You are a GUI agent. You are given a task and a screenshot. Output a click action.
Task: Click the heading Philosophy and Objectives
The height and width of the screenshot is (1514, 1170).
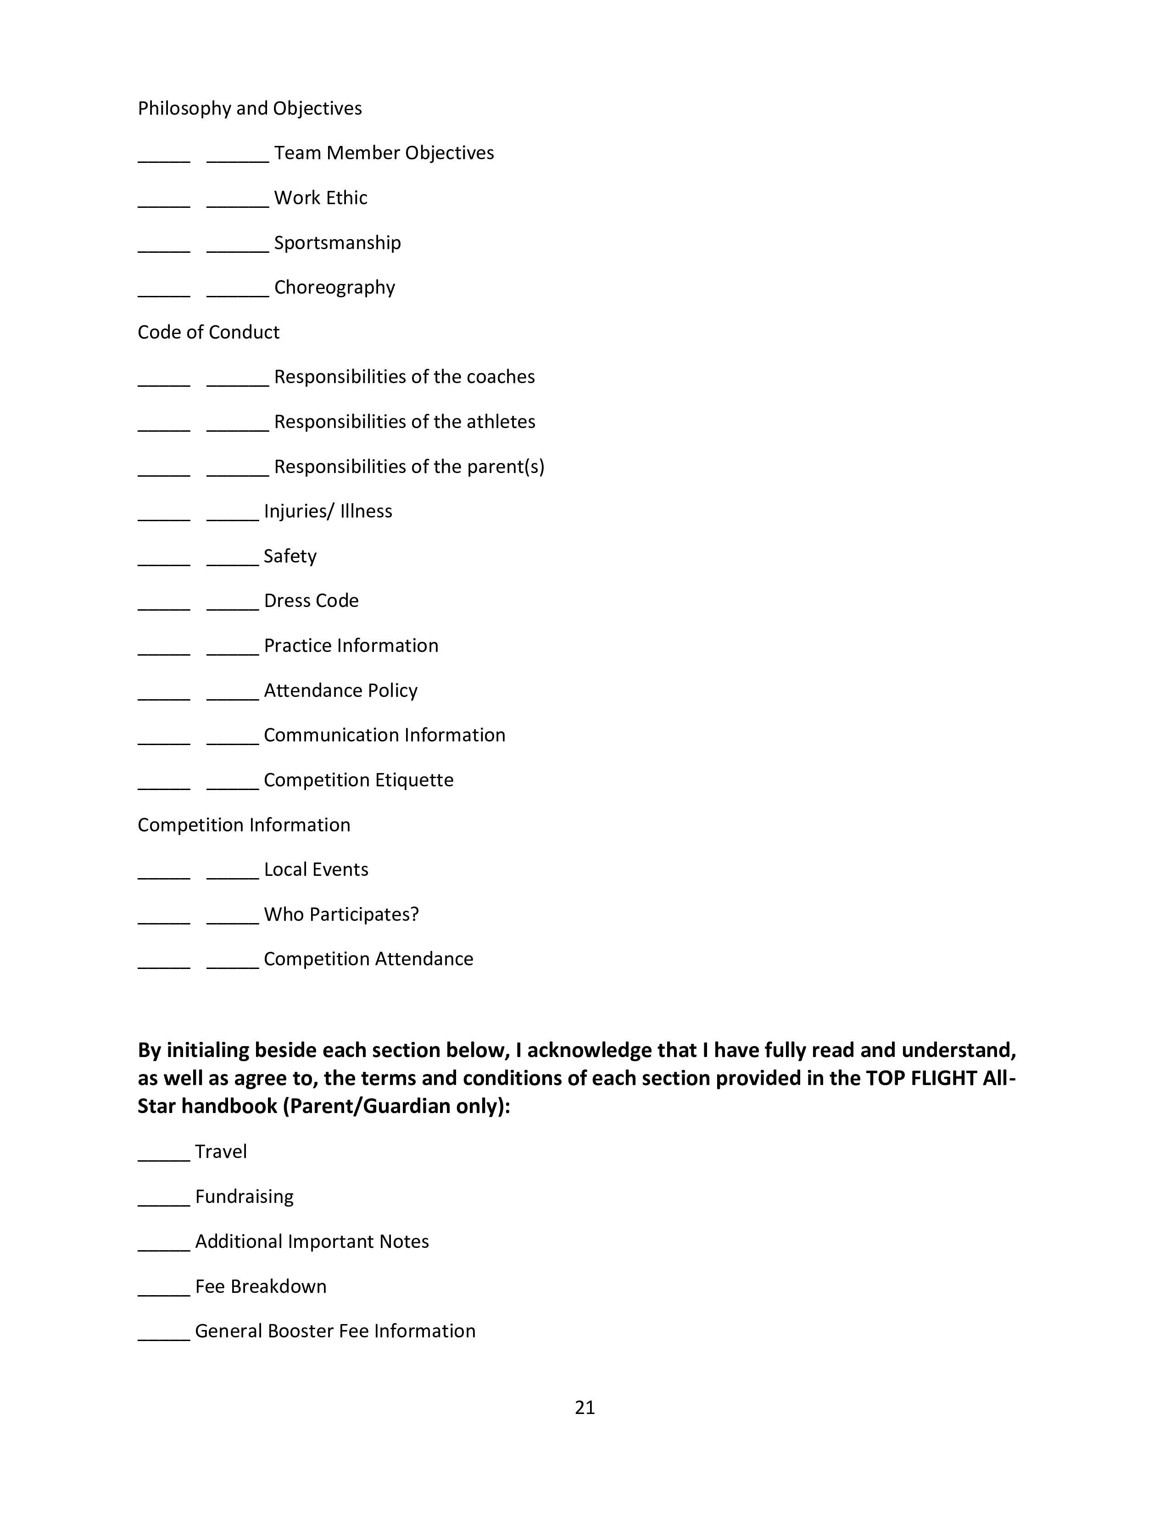pos(250,108)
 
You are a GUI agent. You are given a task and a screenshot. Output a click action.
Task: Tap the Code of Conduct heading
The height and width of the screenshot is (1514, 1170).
pos(208,332)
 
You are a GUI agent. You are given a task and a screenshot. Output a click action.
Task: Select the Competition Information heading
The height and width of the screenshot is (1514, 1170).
pos(244,825)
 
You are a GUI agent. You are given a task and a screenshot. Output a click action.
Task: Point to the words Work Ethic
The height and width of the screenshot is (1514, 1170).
pos(320,198)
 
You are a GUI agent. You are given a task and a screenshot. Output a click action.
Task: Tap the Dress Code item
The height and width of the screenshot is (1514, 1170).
pos(311,601)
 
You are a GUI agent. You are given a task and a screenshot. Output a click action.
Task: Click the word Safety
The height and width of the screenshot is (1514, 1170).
pos(290,556)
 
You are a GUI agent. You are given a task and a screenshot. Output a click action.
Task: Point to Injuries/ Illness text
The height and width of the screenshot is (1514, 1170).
pos(328,511)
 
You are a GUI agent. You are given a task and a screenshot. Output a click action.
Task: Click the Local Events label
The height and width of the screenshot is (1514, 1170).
pos(316,869)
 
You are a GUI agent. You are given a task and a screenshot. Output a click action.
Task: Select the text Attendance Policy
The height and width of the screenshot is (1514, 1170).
pos(340,690)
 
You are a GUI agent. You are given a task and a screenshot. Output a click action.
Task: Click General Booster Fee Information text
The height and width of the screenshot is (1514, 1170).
pos(335,1331)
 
